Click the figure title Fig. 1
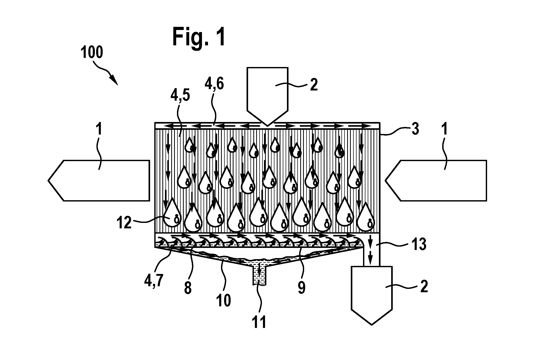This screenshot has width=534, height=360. point(199,38)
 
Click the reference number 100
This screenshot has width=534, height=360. point(92,52)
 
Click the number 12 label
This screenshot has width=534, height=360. point(124,223)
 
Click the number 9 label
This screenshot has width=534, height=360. point(301,288)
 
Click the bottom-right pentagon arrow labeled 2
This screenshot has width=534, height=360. point(372,295)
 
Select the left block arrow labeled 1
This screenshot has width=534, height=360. point(99,180)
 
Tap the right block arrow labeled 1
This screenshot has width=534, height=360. point(436,181)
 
